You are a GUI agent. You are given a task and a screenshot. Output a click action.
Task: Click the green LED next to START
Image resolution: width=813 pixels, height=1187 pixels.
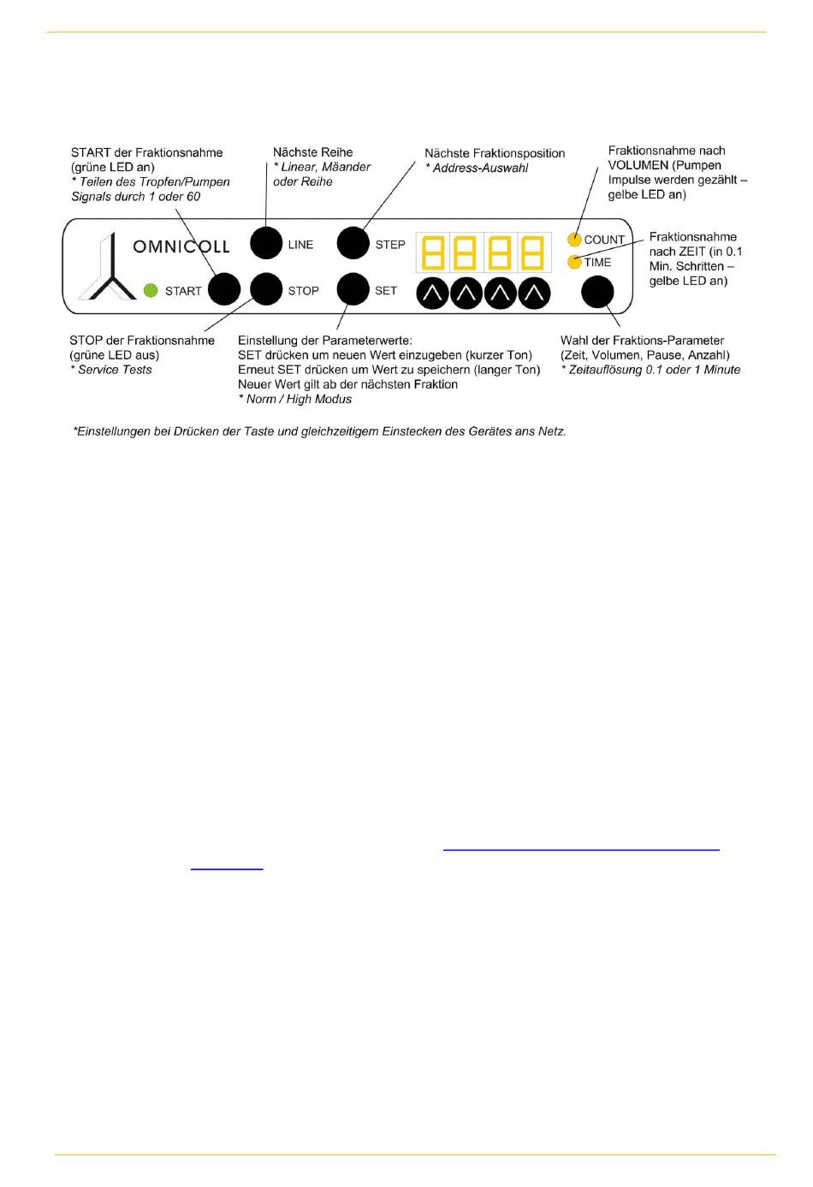(x=151, y=290)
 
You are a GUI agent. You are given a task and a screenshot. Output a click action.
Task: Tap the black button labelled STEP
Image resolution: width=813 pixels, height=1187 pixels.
(x=353, y=243)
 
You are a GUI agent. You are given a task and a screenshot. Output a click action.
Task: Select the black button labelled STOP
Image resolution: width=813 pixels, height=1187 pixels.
(x=266, y=289)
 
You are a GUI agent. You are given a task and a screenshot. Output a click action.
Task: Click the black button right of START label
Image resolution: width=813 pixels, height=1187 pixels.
(x=224, y=289)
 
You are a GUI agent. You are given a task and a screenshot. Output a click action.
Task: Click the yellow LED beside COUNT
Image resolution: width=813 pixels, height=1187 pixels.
(x=575, y=240)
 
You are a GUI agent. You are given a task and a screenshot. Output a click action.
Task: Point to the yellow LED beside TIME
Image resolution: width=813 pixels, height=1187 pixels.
(x=575, y=262)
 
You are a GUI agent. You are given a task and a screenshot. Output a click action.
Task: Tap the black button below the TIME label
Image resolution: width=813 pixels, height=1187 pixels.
(x=597, y=292)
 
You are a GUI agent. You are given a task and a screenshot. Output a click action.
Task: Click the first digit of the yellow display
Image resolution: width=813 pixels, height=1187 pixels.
(x=433, y=254)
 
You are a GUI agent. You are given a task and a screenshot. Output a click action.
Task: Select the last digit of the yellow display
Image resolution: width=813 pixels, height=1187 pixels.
(x=533, y=254)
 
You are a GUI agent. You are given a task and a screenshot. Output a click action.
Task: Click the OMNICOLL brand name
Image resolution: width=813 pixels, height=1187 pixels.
(x=181, y=246)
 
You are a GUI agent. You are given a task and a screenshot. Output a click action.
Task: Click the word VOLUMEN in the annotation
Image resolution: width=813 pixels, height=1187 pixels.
(x=638, y=165)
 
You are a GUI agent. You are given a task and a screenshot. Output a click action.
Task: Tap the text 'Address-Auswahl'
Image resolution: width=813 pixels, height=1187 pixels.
(x=480, y=168)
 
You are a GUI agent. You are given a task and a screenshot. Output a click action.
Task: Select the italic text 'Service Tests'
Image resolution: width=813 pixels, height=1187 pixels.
(x=115, y=370)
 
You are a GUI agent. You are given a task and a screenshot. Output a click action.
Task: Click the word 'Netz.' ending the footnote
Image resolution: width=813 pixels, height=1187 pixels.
(x=552, y=431)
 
